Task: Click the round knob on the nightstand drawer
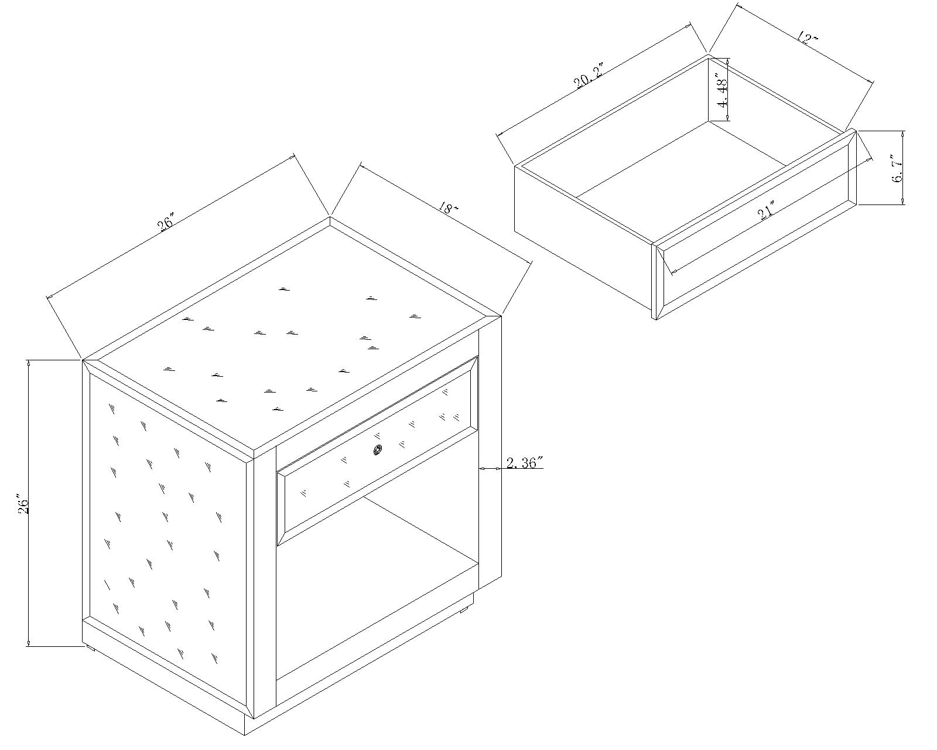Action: [378, 450]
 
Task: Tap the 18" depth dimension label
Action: [449, 209]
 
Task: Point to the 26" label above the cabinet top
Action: [165, 221]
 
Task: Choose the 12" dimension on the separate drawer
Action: [808, 38]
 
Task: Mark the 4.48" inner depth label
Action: [721, 91]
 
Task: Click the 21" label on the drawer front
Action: [766, 211]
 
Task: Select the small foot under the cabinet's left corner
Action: [91, 648]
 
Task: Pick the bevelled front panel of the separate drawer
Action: [756, 224]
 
